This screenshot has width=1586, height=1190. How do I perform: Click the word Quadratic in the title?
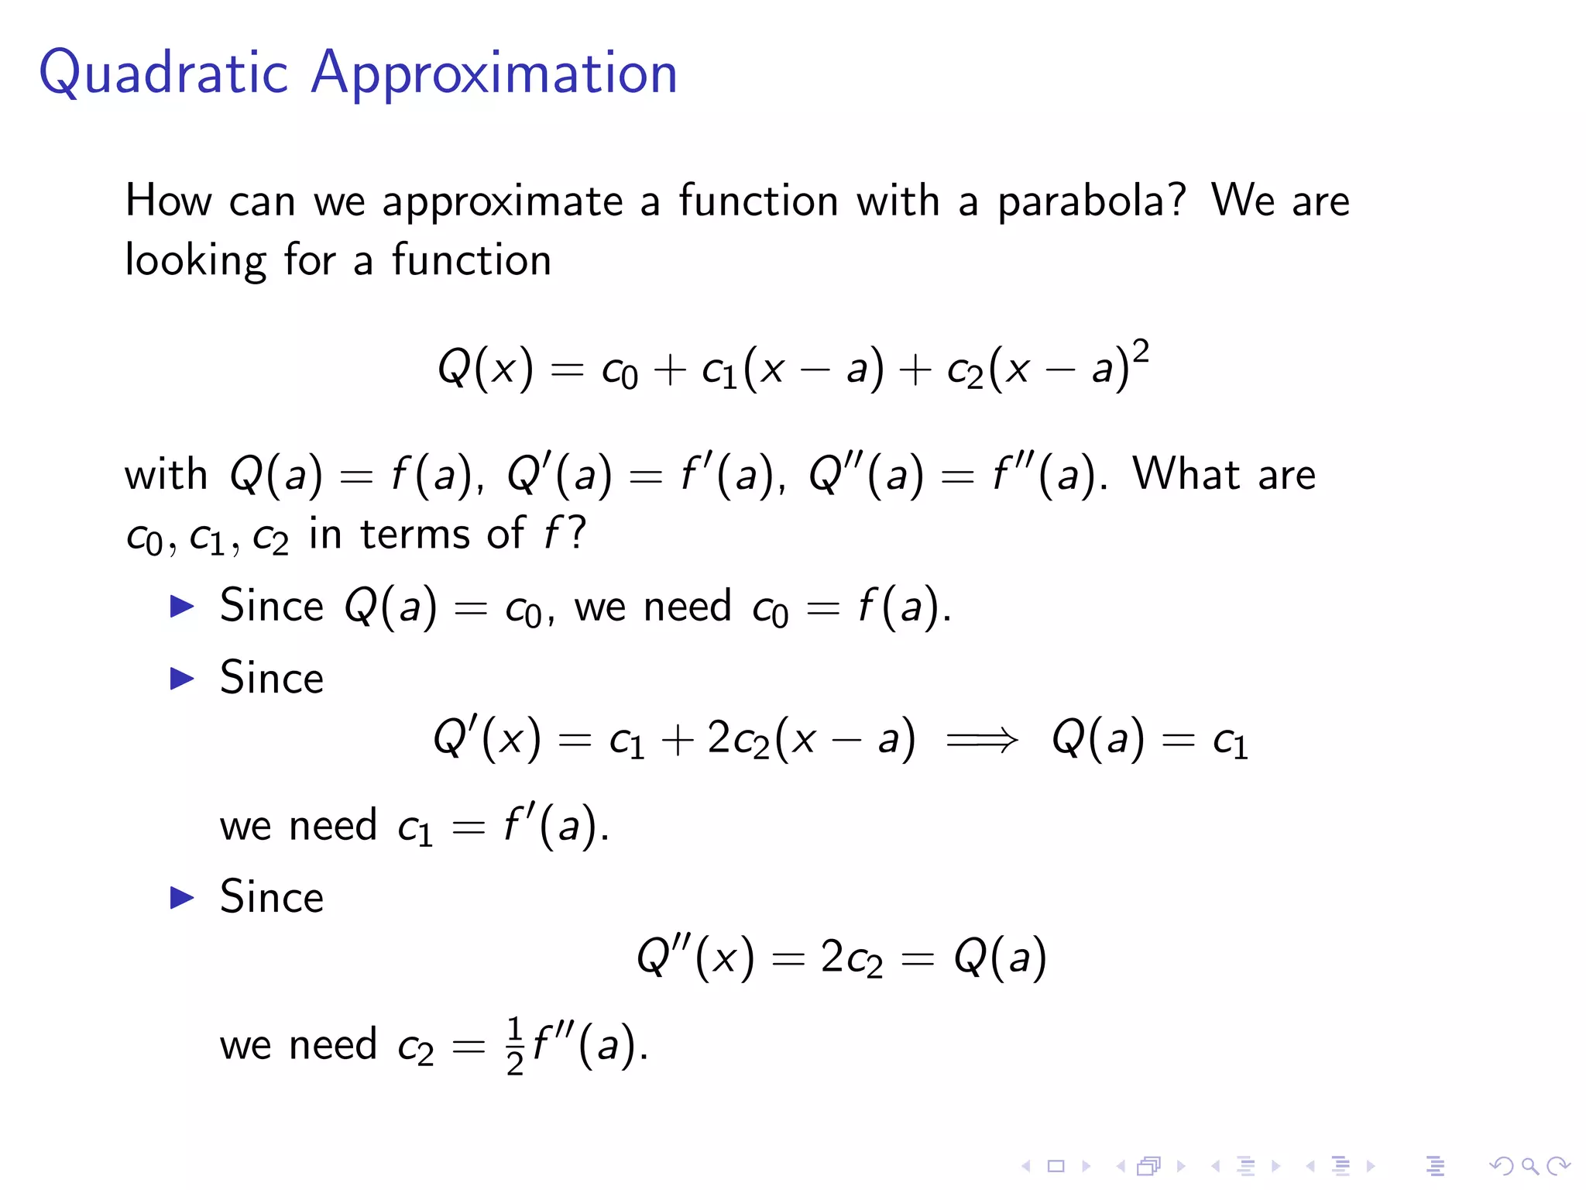pos(163,74)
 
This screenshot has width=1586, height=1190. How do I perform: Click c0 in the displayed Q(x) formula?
pos(620,370)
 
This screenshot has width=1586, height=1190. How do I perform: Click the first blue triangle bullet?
pos(182,606)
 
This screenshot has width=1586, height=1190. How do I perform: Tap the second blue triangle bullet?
pos(182,679)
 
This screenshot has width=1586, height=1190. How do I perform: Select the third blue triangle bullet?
pos(182,898)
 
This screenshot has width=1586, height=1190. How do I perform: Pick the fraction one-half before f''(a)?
pos(515,1046)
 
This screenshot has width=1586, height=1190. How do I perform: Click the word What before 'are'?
pos(1186,474)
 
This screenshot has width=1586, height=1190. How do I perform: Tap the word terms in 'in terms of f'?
pos(415,535)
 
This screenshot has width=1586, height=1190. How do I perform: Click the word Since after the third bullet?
pos(271,898)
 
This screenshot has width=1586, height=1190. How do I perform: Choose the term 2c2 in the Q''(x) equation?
pos(851,958)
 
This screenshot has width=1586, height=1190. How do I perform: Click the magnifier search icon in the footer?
pos(1529,1165)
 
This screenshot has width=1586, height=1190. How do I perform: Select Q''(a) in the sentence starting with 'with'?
pos(866,474)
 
